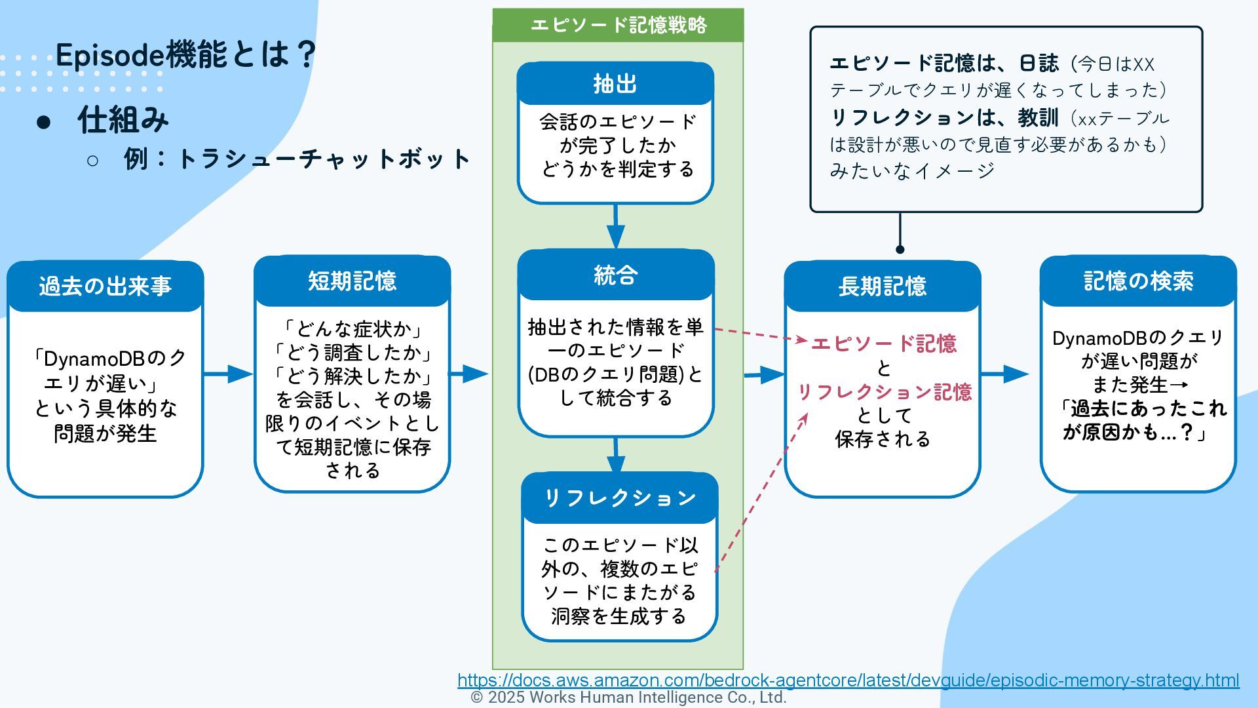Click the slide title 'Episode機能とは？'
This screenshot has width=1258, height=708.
click(186, 54)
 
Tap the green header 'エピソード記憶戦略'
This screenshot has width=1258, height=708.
click(618, 25)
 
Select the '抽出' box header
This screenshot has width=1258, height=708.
click(615, 84)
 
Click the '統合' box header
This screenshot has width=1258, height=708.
click(615, 275)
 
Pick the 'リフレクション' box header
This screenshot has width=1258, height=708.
click(620, 498)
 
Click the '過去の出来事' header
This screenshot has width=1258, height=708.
click(105, 286)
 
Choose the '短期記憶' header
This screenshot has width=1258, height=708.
click(353, 281)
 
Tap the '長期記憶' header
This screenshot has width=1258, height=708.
click(882, 286)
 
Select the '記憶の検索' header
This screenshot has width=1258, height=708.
click(1138, 281)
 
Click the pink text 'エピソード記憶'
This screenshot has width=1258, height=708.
click(883, 344)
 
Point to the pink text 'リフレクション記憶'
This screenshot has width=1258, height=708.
click(884, 392)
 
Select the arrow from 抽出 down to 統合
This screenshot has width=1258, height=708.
click(615, 226)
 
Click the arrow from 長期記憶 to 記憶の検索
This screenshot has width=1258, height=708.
click(1005, 374)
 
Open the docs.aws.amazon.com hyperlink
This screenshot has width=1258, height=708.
click(848, 680)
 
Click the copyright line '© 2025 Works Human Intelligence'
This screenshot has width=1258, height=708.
click(628, 698)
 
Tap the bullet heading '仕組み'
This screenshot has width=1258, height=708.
click(123, 120)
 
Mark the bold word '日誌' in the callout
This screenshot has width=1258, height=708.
click(1039, 64)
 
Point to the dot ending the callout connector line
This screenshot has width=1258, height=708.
click(900, 249)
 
